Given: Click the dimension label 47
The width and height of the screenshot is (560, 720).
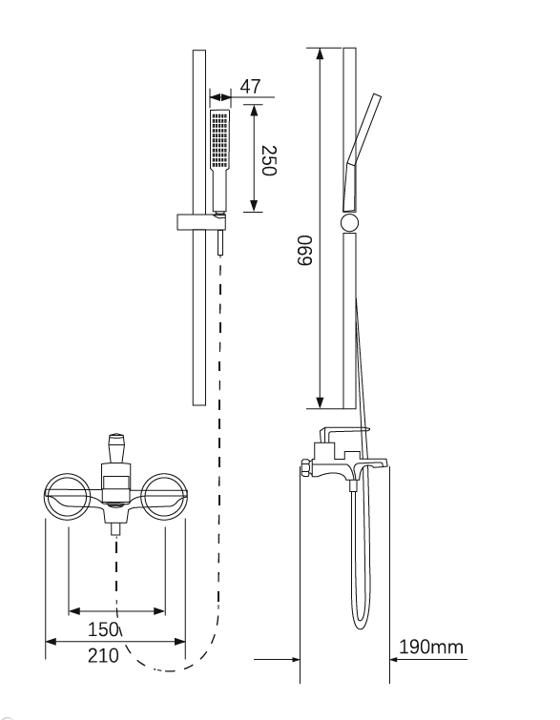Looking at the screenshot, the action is tap(250, 87).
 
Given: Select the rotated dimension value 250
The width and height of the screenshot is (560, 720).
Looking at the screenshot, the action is tap(268, 161).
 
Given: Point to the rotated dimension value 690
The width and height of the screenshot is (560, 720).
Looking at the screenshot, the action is tap(304, 250).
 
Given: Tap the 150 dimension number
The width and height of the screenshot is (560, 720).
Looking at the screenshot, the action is tap(103, 629).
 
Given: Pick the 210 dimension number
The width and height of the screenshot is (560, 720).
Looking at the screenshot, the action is tap(103, 656).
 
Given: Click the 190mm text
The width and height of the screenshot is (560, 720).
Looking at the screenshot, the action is tap(431, 647).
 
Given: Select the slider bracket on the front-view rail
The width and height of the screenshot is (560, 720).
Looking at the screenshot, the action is tap(201, 222).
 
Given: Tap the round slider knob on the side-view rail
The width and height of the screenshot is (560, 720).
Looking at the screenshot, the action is tap(349, 223).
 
